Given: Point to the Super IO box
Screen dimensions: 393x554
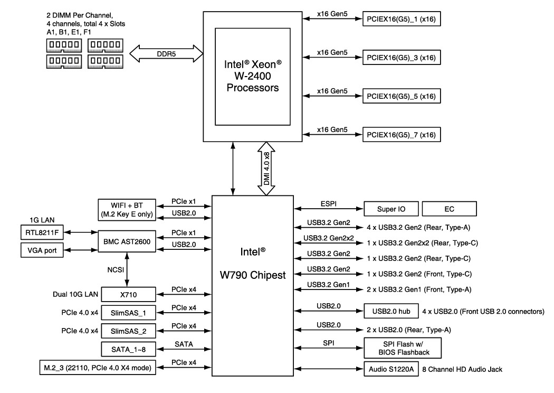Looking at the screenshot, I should click(x=389, y=209).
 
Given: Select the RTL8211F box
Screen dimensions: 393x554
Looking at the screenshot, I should click(x=40, y=232).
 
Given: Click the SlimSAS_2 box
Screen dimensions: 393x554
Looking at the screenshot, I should click(x=129, y=331).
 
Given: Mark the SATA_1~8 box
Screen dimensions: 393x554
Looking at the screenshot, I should click(x=129, y=349).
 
